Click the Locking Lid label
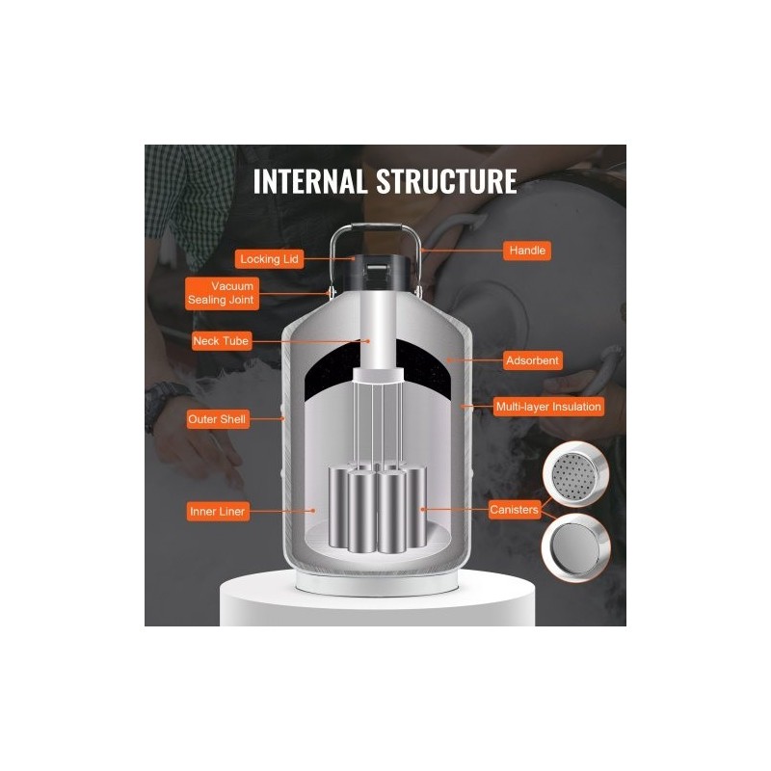click(269, 259)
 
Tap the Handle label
click(527, 251)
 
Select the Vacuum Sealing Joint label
click(222, 294)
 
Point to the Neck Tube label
click(222, 341)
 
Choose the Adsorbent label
click(533, 360)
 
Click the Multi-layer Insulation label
click(548, 407)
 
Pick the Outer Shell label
click(218, 419)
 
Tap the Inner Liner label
click(218, 512)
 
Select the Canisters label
click(515, 510)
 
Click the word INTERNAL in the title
click(309, 181)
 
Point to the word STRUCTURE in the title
click(446, 181)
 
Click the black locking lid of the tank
click(377, 272)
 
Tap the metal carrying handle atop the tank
click(376, 227)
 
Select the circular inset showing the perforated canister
click(575, 474)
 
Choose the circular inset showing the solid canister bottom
click(575, 547)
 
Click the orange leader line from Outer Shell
click(267, 419)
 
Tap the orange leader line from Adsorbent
click(475, 360)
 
